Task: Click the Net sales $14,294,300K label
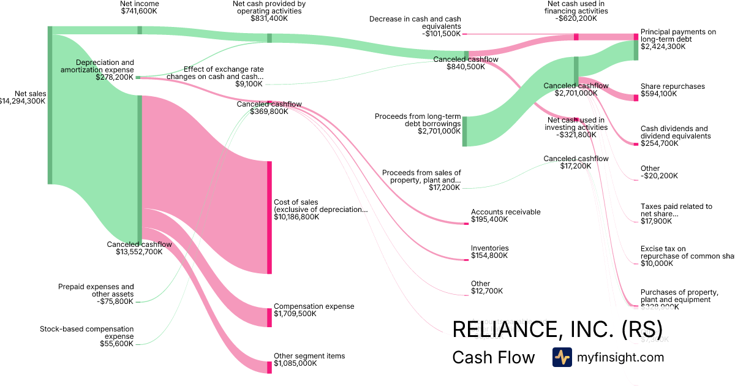pos(23,97)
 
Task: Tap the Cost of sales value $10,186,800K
pos(296,217)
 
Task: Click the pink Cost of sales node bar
pos(269,217)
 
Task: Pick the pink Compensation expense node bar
pos(269,317)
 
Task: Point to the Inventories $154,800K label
pos(489,252)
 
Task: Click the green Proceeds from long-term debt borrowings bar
pos(464,131)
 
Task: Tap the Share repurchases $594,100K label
pos(672,90)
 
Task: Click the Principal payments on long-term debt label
pos(677,39)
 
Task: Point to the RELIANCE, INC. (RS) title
pos(557,330)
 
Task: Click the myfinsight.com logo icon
pos(562,357)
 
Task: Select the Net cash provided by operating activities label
pos(269,11)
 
